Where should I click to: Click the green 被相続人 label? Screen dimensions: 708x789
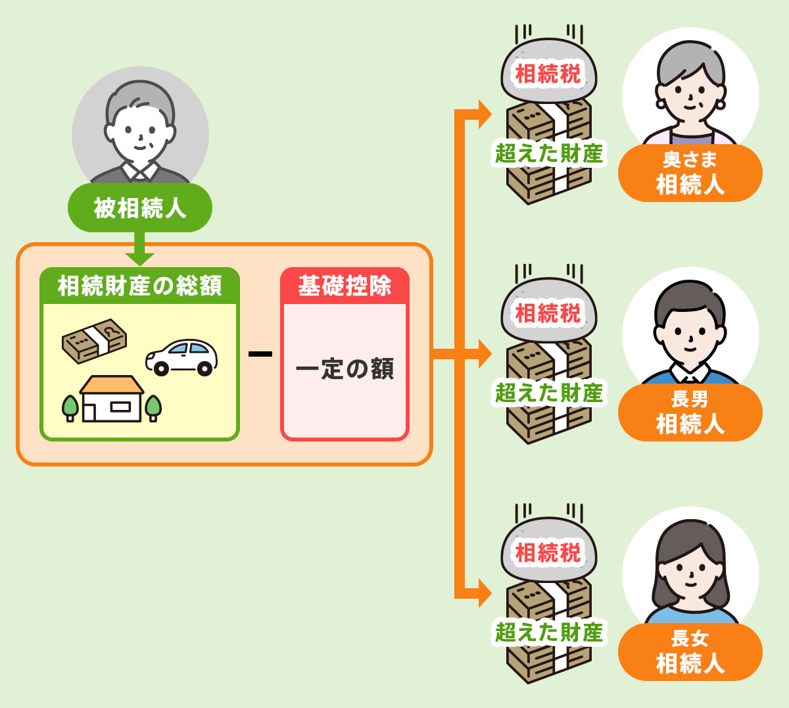coord(140,208)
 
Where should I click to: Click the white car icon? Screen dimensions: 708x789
coord(181,357)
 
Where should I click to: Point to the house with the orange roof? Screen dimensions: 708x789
coord(112,398)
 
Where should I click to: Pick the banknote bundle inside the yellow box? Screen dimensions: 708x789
coord(94,340)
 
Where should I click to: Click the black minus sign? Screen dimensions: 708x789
coord(260,354)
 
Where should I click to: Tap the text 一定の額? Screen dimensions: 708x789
coord(345,369)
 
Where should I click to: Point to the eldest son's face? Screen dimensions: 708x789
coord(690,336)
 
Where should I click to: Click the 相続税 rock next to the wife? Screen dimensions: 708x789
coord(548,72)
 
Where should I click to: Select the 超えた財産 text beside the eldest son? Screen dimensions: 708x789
coord(548,393)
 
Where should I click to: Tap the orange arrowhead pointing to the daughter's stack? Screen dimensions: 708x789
coord(484,594)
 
